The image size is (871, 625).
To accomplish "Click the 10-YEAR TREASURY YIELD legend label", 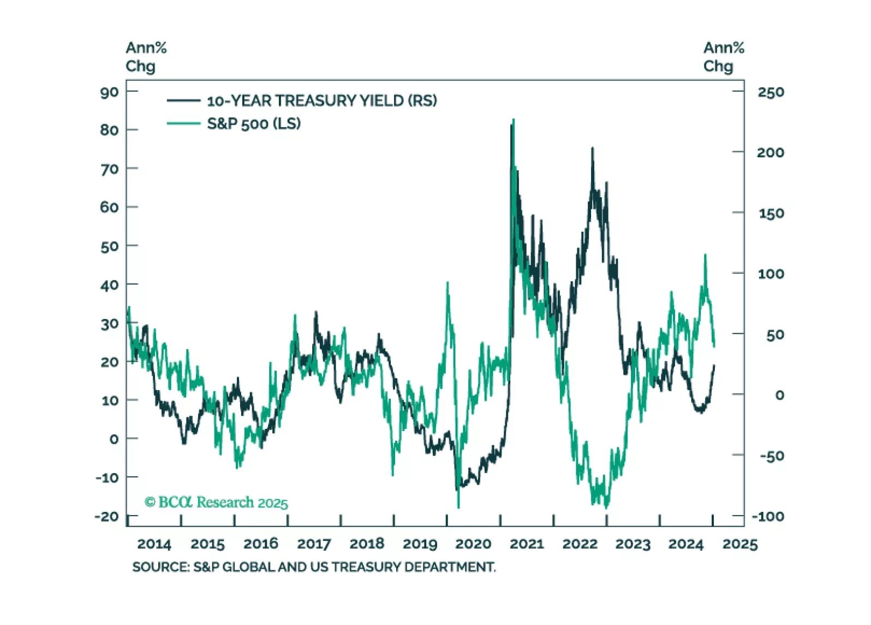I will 321,101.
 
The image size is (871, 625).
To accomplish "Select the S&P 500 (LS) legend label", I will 254,124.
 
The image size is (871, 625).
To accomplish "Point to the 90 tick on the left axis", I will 109,92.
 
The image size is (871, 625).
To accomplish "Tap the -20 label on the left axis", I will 106,517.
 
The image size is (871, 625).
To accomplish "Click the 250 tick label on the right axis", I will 771,92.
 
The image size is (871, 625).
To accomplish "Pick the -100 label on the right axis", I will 768,517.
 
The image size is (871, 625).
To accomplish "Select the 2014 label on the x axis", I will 154,544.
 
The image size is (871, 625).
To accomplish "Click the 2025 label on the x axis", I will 740,544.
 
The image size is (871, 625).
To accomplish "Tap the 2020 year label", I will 473,544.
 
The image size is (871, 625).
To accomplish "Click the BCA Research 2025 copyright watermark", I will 216,503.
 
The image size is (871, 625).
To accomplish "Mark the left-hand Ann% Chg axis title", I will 146,57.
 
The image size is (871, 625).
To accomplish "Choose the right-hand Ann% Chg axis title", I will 723,57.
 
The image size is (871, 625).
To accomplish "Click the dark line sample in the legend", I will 183,101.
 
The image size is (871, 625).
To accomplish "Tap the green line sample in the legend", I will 183,123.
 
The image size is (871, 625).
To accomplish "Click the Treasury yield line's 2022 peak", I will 593,149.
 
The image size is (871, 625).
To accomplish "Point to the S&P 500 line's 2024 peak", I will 705,255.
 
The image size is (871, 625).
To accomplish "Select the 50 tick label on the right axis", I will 775,335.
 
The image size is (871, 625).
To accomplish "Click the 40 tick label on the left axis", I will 109,285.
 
